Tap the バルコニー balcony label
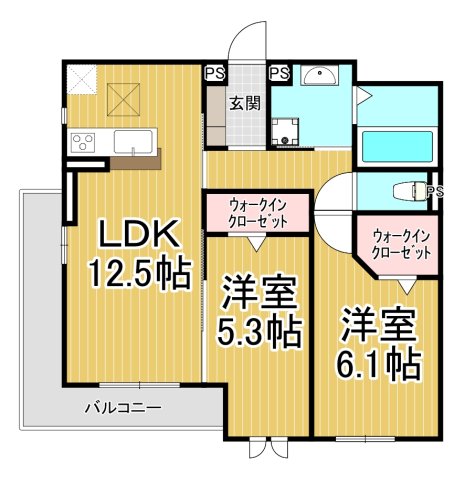point(122,408)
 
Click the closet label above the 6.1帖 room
point(401,245)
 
